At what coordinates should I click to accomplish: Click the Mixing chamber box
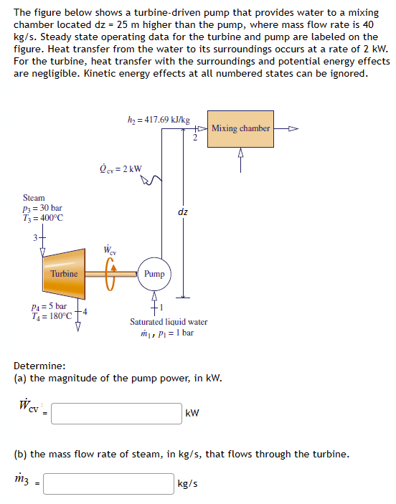(x=240, y=128)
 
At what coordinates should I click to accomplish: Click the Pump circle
(x=154, y=274)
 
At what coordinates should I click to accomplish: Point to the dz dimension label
(x=183, y=211)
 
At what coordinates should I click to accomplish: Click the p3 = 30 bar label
(x=43, y=208)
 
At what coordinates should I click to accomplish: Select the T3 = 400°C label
(x=44, y=218)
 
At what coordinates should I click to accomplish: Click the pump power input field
(x=116, y=413)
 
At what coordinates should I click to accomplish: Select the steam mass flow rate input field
(x=108, y=484)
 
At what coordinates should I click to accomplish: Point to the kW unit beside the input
(x=192, y=414)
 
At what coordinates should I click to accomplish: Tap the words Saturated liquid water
(x=168, y=322)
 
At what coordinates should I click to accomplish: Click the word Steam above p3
(x=34, y=197)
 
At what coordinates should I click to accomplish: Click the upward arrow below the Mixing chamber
(x=240, y=156)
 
